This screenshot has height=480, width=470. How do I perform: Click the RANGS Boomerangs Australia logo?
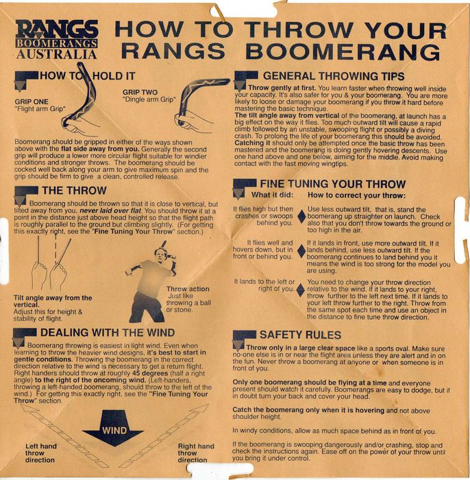(x=57, y=39)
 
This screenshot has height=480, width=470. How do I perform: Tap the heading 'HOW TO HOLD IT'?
(x=88, y=76)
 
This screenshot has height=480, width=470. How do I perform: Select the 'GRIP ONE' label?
(x=32, y=101)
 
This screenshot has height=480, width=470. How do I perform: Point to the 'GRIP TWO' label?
(x=140, y=92)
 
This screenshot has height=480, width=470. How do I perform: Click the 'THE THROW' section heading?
(x=74, y=191)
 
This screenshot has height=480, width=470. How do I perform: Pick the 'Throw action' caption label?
(x=188, y=289)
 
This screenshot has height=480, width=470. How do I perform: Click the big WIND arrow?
(x=114, y=429)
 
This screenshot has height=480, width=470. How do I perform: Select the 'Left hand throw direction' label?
(x=40, y=453)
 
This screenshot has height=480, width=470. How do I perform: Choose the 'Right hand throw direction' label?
(x=196, y=453)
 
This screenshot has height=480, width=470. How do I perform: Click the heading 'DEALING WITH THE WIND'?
(x=108, y=333)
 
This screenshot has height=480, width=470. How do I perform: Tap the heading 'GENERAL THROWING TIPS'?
(x=334, y=76)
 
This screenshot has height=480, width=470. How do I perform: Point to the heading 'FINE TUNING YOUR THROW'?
(x=333, y=184)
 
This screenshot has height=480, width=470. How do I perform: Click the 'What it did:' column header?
(x=272, y=195)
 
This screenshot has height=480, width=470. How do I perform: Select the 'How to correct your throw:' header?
(x=356, y=195)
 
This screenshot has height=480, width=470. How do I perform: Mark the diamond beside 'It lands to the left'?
(x=301, y=290)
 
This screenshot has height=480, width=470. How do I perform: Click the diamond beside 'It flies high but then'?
(x=301, y=217)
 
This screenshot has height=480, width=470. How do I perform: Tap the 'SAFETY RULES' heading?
(x=300, y=335)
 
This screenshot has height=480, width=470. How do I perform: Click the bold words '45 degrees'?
(x=150, y=374)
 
